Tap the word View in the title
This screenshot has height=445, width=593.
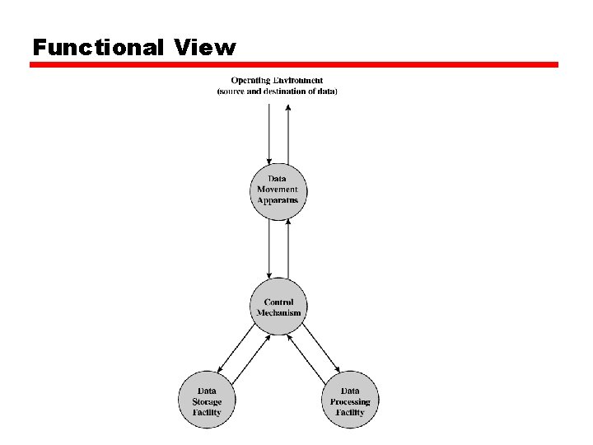(x=204, y=48)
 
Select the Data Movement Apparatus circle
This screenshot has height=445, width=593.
(x=278, y=192)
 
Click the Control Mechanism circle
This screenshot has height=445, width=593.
(x=278, y=307)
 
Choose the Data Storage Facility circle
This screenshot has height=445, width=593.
(x=207, y=400)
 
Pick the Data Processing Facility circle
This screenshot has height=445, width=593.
(x=350, y=400)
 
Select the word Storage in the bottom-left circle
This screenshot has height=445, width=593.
(x=207, y=402)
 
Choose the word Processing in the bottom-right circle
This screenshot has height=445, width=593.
(x=350, y=402)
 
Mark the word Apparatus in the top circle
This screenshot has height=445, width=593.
(x=278, y=201)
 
